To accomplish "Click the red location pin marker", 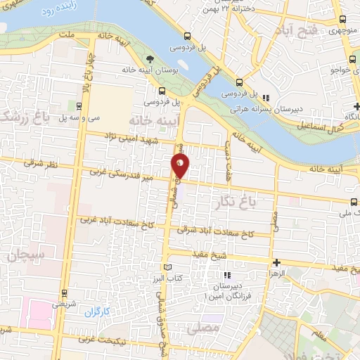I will point(181,166).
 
